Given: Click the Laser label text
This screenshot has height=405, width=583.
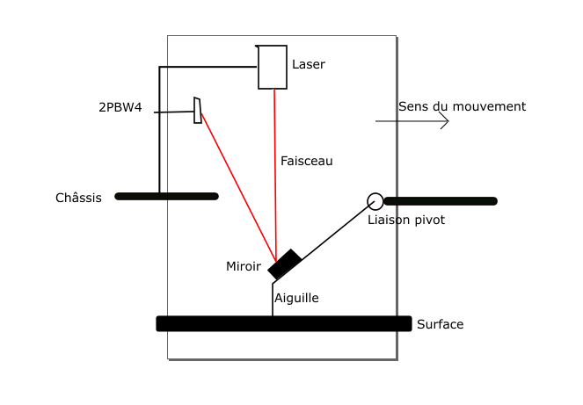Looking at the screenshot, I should [308, 64].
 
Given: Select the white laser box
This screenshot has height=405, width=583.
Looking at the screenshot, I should [272, 67].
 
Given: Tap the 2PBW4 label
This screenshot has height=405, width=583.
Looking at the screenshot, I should [120, 109].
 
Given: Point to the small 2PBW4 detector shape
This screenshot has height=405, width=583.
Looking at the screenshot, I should [198, 111].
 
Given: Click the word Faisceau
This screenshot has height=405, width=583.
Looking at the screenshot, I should [306, 161].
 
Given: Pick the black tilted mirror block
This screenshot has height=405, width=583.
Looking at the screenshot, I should [285, 264].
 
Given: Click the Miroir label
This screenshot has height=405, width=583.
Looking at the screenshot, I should [244, 266].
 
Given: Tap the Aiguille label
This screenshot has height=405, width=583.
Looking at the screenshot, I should [296, 298].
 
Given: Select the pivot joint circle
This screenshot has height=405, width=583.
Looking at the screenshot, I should [375, 200].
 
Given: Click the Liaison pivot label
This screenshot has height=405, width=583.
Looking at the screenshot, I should [405, 220].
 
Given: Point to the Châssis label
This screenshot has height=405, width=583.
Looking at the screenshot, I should [78, 198].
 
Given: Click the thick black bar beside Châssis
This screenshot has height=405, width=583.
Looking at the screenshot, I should [166, 197].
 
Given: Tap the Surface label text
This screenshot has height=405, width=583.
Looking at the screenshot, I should [440, 324].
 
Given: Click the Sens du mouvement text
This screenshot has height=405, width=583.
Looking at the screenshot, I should [462, 106].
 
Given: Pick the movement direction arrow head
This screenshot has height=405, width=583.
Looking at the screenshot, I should [446, 121].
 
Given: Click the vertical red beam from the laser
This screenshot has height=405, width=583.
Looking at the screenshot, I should [275, 167].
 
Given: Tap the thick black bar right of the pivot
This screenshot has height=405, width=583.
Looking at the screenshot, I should [441, 201].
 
